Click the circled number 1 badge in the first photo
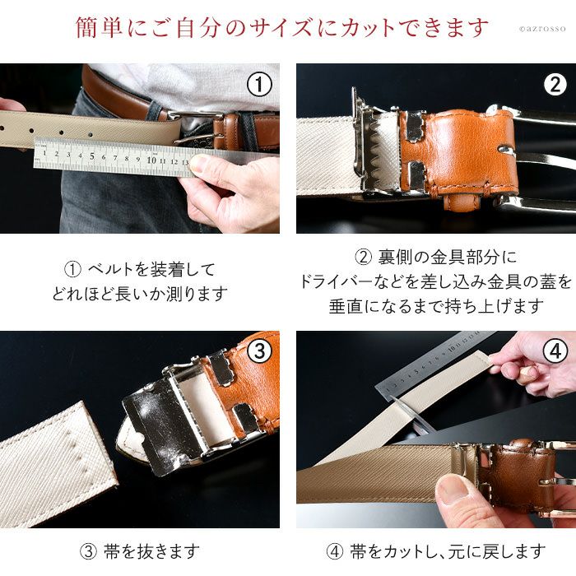259,85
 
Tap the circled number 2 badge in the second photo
555,85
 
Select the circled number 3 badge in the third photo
259,351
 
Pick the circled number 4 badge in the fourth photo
555,351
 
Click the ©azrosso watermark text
542,29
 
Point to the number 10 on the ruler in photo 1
151,160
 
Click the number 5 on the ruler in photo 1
92,156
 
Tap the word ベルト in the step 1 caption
110,270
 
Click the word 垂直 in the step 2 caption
346,306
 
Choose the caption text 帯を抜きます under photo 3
151,552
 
